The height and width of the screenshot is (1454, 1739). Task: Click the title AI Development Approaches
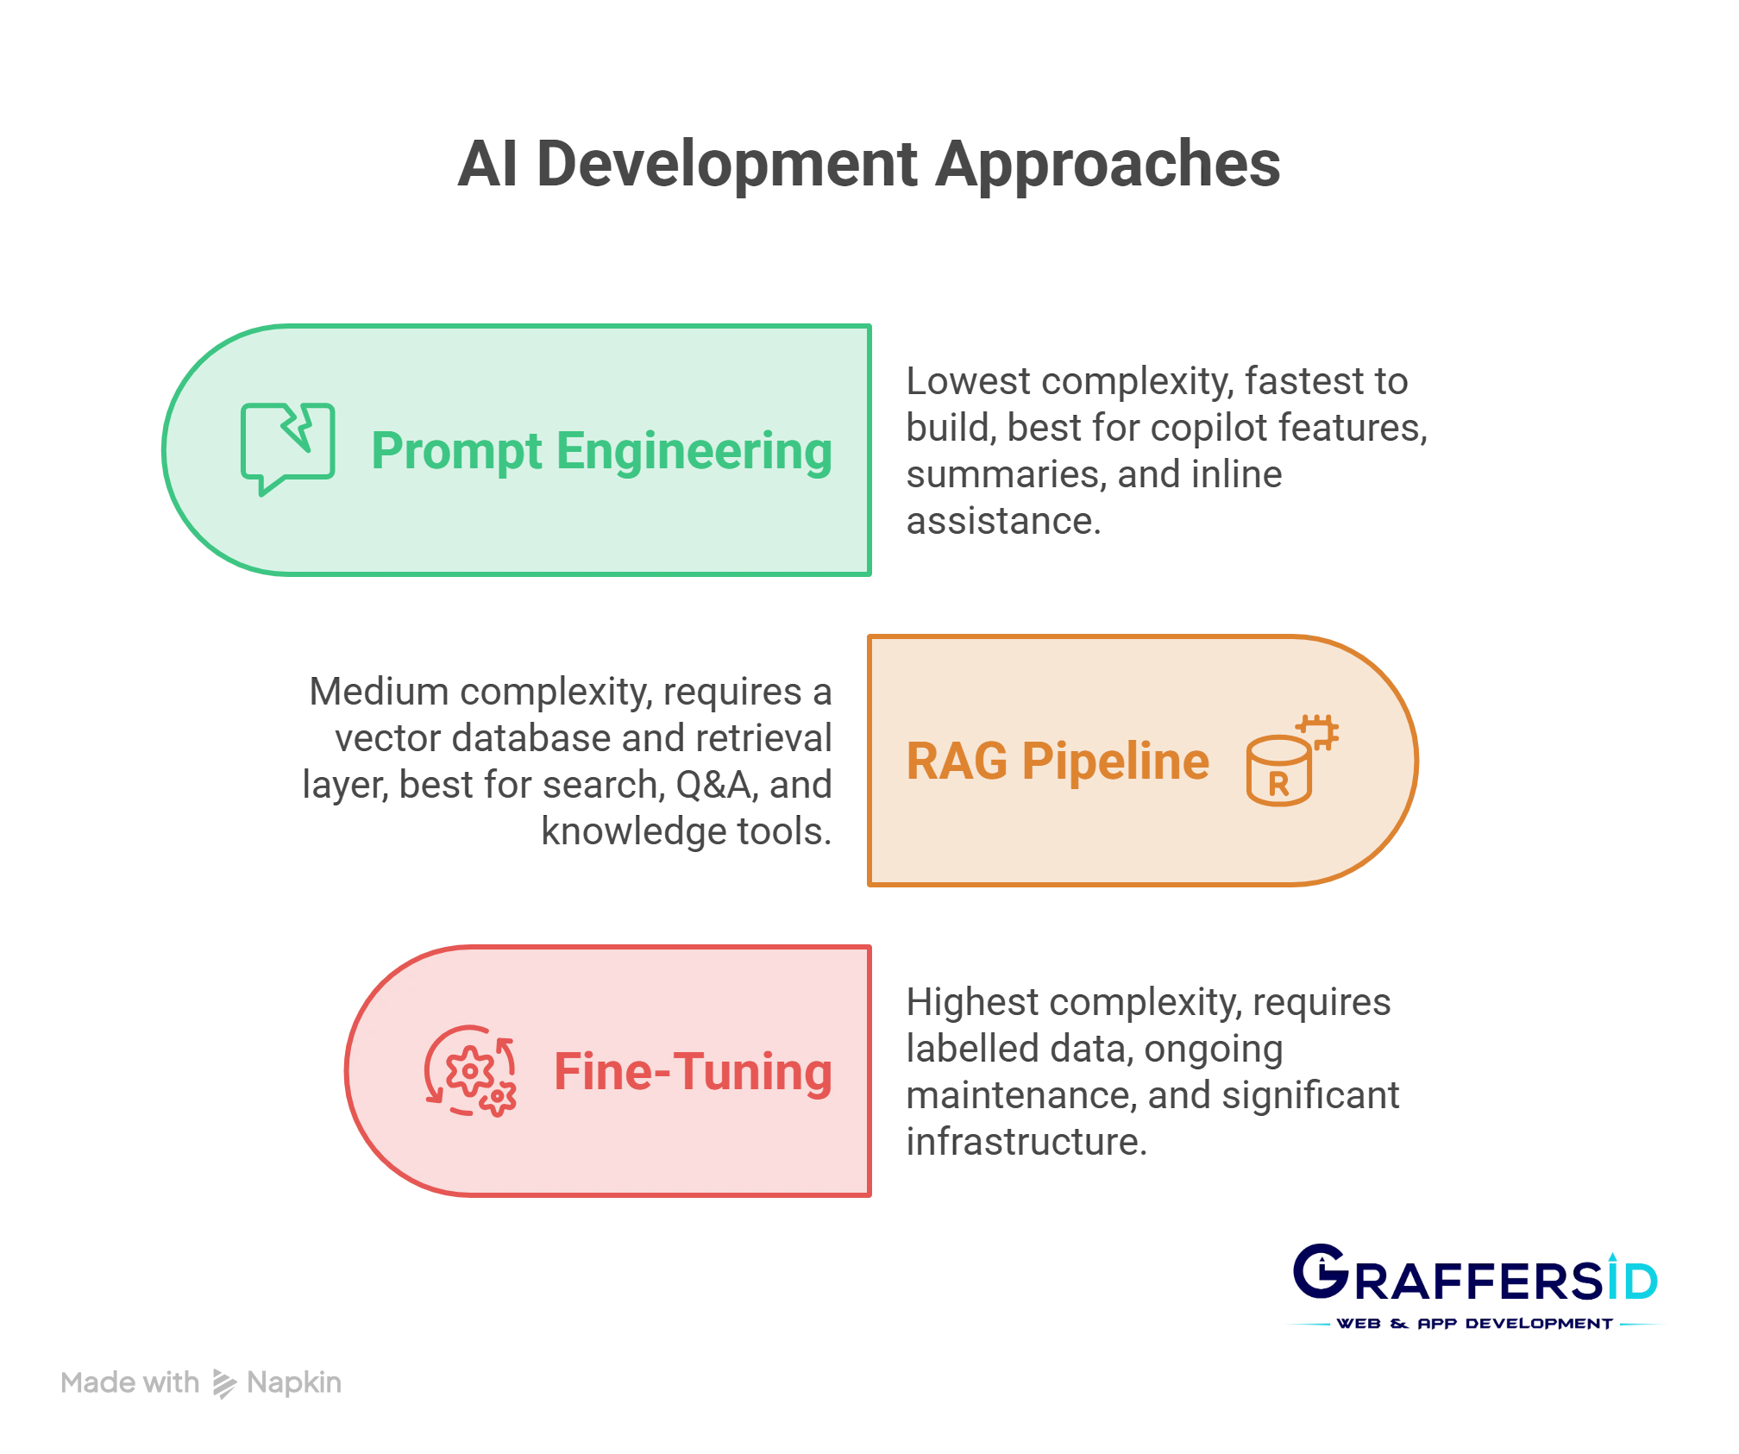click(869, 164)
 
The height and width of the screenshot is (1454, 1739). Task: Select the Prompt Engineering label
click(601, 451)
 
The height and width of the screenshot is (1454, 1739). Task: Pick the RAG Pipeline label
click(1058, 761)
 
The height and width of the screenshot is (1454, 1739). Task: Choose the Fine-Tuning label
click(693, 1072)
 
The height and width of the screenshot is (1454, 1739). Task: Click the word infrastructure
click(1026, 1142)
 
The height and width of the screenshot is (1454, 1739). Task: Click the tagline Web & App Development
click(1474, 1324)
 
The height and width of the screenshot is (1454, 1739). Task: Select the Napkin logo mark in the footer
click(224, 1383)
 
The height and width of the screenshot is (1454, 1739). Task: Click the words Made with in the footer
click(130, 1382)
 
